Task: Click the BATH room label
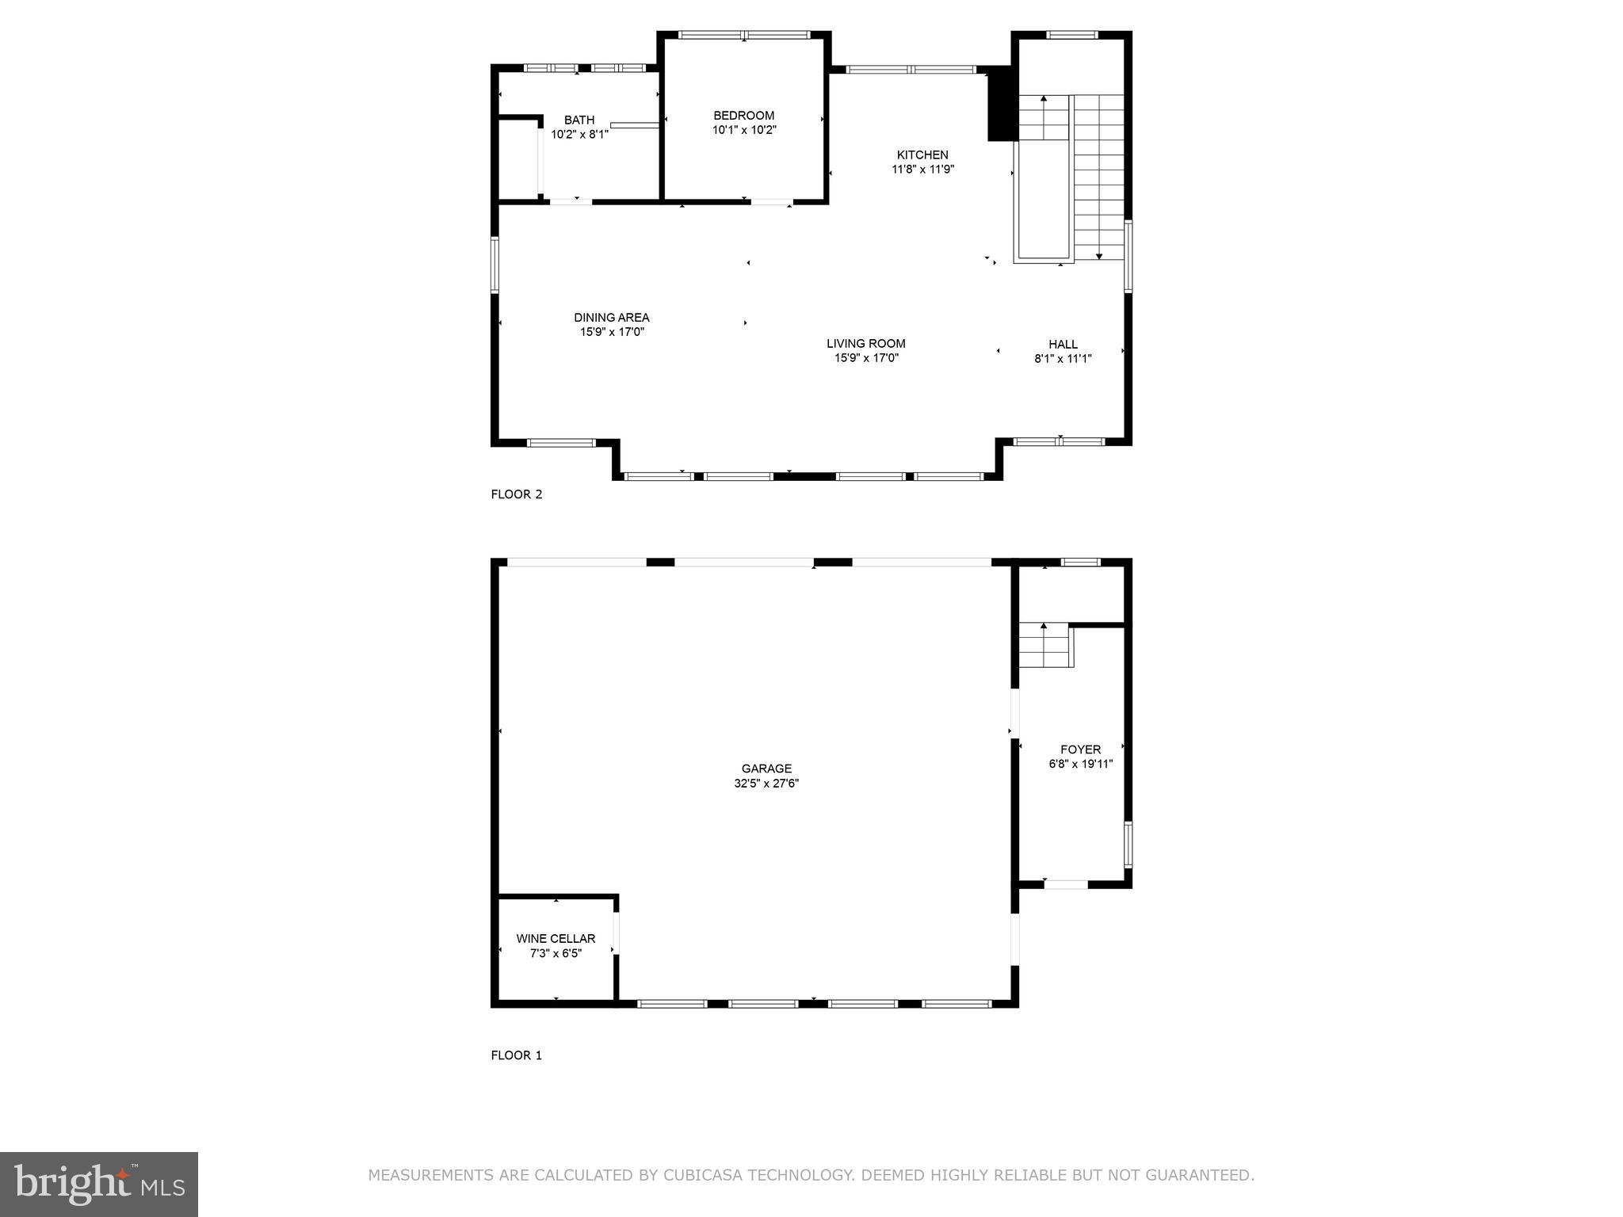tap(579, 120)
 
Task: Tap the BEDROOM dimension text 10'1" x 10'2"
tap(743, 130)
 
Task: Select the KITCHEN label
tap(922, 155)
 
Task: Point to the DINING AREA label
tap(611, 317)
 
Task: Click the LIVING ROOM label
tap(865, 343)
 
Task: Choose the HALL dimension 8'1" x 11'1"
tap(1063, 358)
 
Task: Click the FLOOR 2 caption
tap(516, 494)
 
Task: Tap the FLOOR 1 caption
tap(516, 1055)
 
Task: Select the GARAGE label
tap(766, 769)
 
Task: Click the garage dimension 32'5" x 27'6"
tap(766, 784)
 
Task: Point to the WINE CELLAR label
tap(556, 938)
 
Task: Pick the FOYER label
tap(1080, 749)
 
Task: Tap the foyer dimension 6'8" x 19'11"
tap(1080, 764)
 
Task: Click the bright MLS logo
tap(98, 1184)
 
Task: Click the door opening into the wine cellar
tap(616, 935)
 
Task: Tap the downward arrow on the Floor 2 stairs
tap(1098, 255)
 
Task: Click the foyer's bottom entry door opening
tap(1066, 884)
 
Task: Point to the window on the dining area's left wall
tap(495, 265)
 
